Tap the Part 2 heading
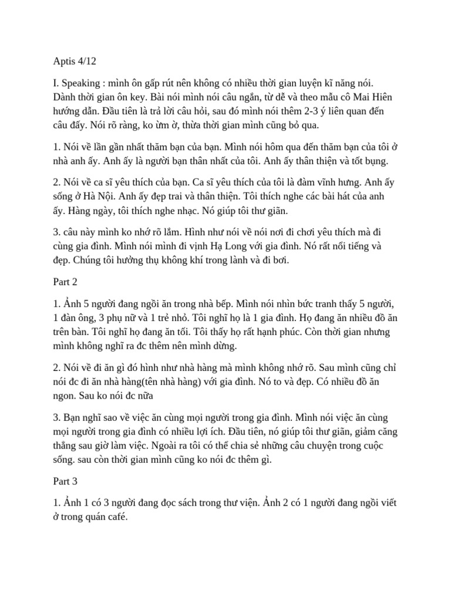click(60, 282)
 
